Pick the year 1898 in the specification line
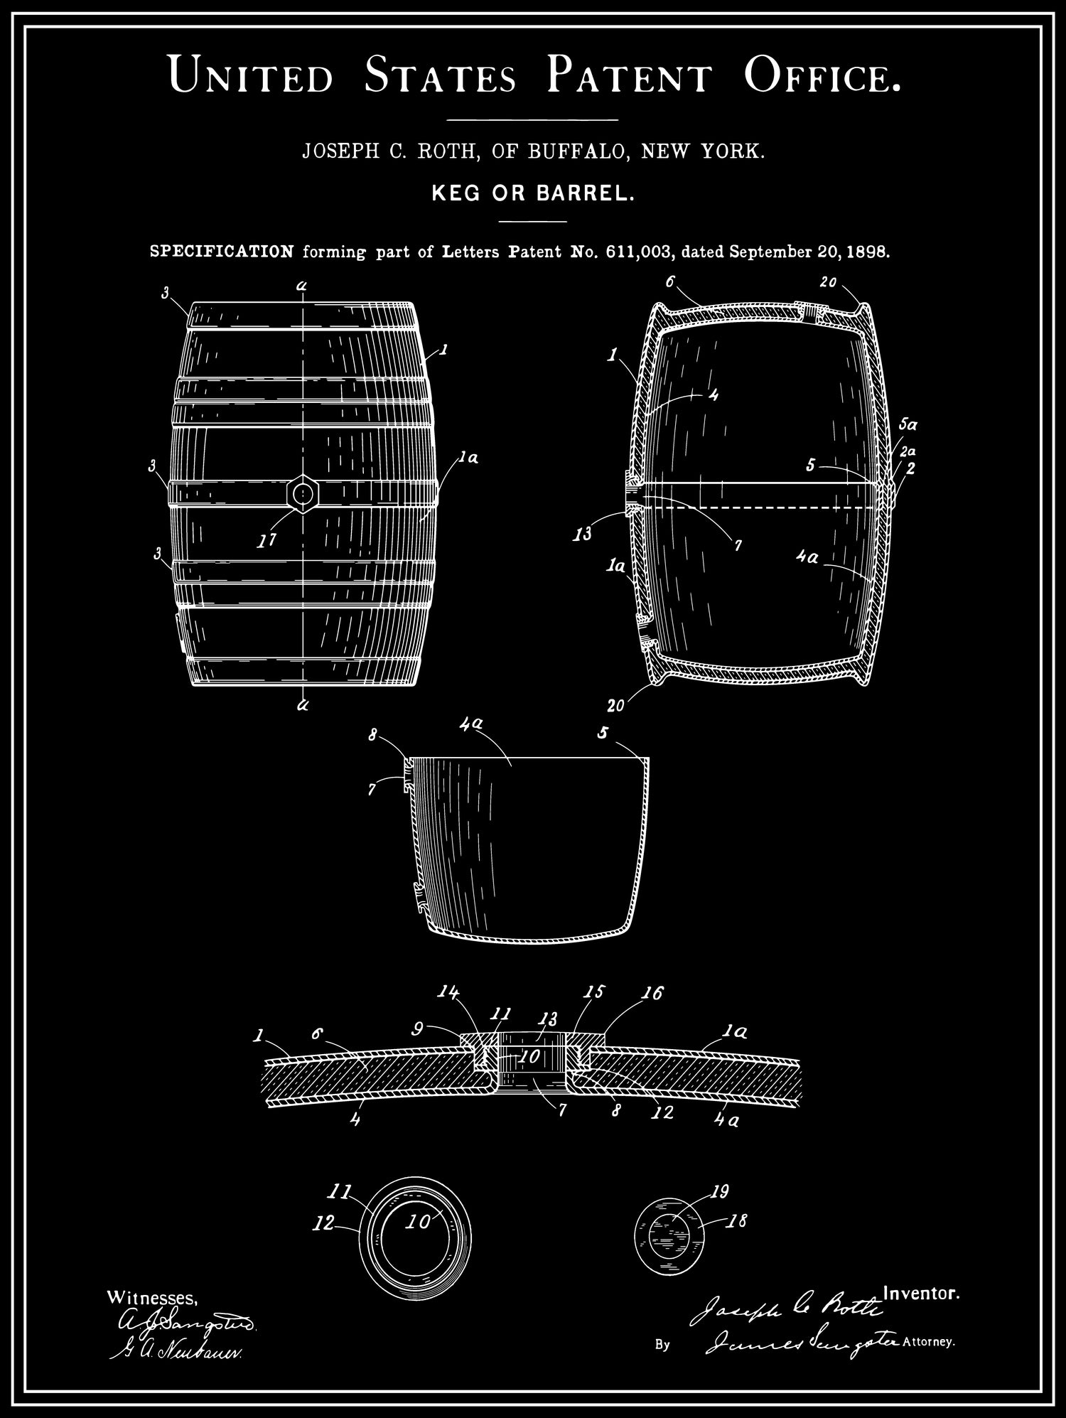868,252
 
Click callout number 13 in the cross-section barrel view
583,534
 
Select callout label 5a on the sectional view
908,425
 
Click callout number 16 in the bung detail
652,993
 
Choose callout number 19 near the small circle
719,1191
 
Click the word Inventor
921,1294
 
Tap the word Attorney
928,1343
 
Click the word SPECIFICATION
222,252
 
